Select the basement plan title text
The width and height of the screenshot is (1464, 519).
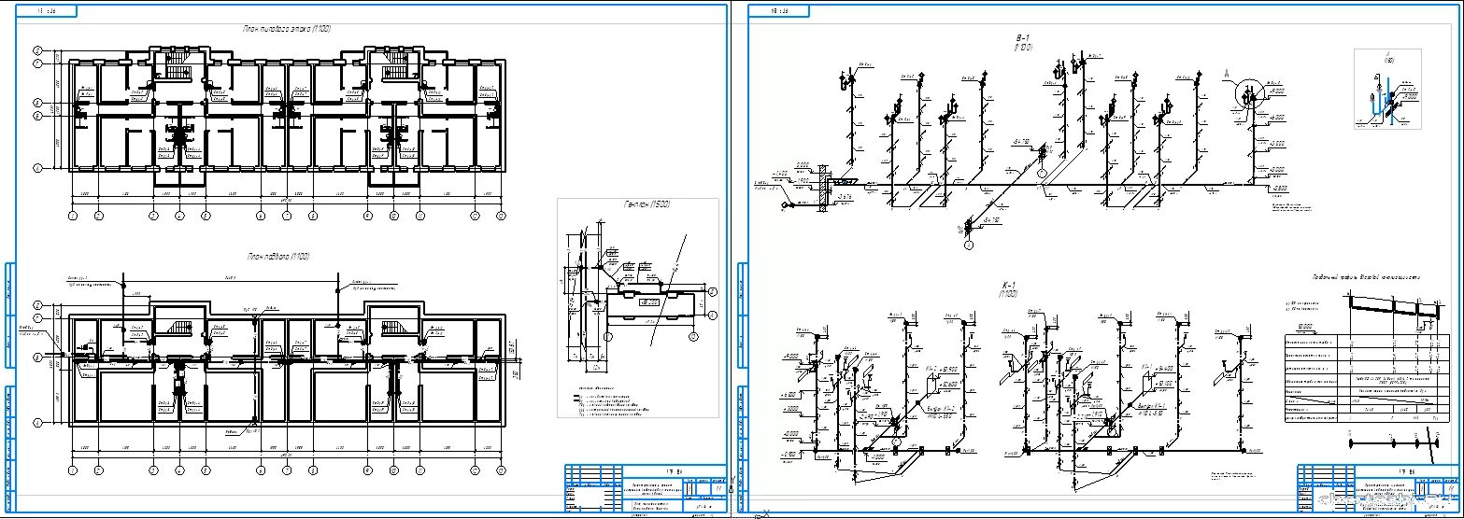tap(277, 256)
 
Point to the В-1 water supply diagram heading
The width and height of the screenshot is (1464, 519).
tap(1022, 41)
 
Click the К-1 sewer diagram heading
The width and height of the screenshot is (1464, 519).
tap(1007, 288)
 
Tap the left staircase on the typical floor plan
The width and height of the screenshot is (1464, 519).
tap(177, 67)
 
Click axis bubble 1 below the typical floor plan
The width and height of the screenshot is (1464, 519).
tap(73, 216)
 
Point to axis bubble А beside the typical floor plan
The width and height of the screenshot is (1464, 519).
tap(38, 168)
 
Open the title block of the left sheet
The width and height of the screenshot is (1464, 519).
tap(645, 488)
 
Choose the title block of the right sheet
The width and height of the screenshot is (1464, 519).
tap(1379, 488)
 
